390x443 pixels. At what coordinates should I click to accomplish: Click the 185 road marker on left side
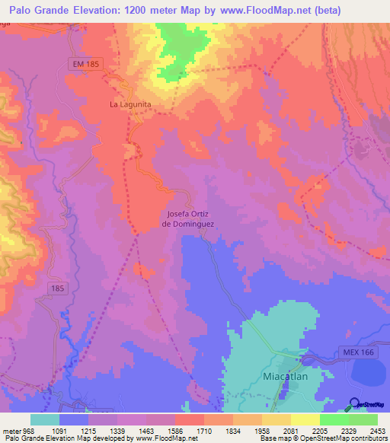coord(56,288)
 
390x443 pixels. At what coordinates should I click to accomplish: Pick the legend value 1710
coord(203,431)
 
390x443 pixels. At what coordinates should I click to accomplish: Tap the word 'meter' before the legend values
coord(12,431)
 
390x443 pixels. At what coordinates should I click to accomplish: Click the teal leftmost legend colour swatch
coord(45,419)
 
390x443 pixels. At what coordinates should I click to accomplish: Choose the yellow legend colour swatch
coord(305,419)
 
